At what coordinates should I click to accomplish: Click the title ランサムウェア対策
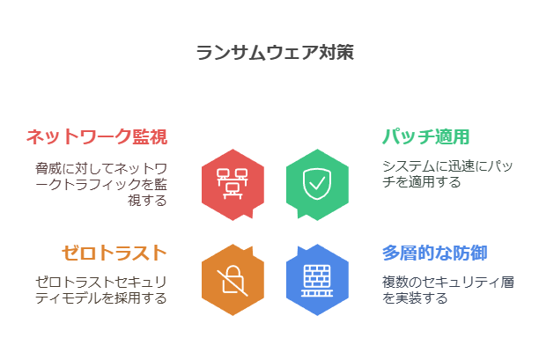coord(275,53)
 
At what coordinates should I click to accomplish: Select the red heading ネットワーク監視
coord(97,136)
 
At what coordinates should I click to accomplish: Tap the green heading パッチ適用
coord(426,136)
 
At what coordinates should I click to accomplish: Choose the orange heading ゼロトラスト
coord(114,253)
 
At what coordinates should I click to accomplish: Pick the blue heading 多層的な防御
coord(435,253)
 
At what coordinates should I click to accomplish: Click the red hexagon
coord(233,185)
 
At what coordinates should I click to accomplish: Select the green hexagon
coord(317,185)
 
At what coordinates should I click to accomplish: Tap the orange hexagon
coord(233,280)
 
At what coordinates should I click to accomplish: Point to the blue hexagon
coord(317,280)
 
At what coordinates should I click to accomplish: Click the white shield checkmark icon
coord(317,184)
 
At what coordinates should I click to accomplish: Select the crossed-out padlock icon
coord(233,281)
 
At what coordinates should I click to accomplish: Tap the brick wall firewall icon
coord(317,280)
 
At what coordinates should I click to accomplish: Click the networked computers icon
coord(233,184)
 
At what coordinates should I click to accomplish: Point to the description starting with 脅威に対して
coord(101,185)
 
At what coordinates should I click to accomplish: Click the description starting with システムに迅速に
coord(447,173)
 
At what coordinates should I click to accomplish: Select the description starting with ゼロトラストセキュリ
coord(101,290)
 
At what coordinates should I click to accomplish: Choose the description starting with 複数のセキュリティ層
coord(448,290)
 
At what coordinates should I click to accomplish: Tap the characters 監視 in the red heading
coord(150,136)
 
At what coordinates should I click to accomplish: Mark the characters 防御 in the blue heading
coord(470,253)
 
